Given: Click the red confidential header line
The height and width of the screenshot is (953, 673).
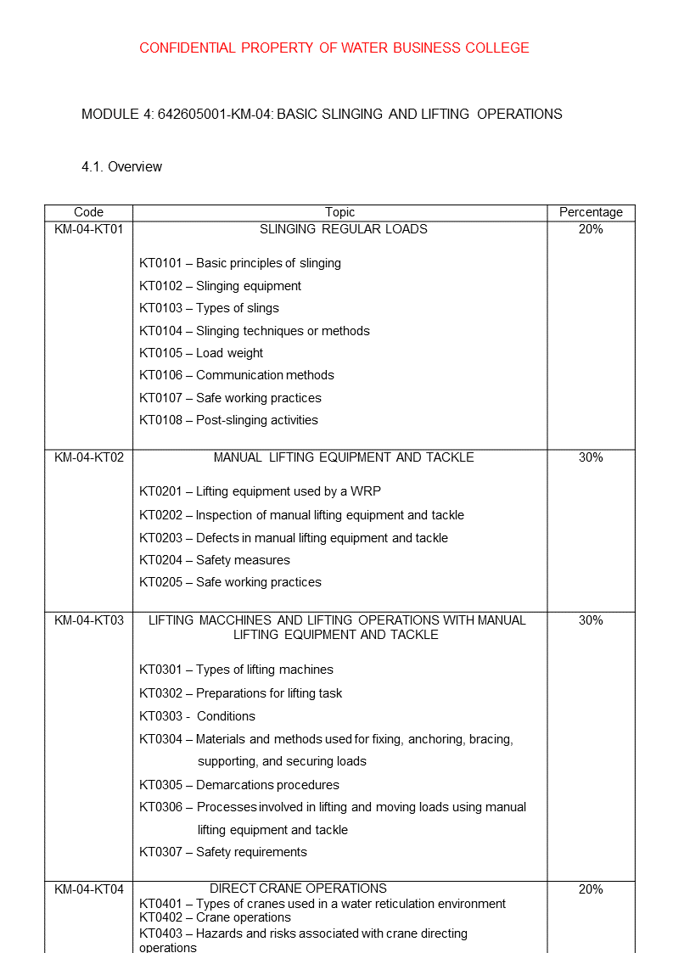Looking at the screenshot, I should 334,48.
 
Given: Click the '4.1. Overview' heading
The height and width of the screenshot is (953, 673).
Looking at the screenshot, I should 121,166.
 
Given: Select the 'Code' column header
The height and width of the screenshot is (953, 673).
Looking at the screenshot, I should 88,212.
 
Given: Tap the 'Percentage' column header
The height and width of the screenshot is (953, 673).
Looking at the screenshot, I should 591,212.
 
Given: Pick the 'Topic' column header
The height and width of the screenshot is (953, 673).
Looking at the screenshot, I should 339,212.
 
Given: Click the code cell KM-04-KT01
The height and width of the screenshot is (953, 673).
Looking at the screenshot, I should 88,229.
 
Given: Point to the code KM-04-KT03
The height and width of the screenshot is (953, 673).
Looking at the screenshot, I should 88,620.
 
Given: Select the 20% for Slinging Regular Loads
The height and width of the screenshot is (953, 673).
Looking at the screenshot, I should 591,229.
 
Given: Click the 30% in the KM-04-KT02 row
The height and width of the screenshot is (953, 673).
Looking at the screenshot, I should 591,457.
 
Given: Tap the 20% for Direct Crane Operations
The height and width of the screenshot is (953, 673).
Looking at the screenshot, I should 591,889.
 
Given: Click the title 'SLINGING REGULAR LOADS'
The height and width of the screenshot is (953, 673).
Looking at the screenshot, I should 343,229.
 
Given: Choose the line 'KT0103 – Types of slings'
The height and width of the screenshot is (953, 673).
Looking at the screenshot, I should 209,308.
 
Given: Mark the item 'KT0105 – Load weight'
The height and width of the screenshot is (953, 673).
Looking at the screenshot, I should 201,353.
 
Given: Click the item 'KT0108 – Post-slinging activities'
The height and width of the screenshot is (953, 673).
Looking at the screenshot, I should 228,420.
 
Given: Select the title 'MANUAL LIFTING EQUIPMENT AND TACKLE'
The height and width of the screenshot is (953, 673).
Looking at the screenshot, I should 343,457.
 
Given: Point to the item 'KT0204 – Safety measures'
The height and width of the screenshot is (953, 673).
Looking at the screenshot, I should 215,560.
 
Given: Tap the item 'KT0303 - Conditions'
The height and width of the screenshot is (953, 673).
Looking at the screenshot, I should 197,716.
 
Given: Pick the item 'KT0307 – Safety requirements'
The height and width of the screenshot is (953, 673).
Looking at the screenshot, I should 223,852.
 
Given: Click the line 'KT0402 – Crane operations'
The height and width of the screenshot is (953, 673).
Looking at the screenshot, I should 215,917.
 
